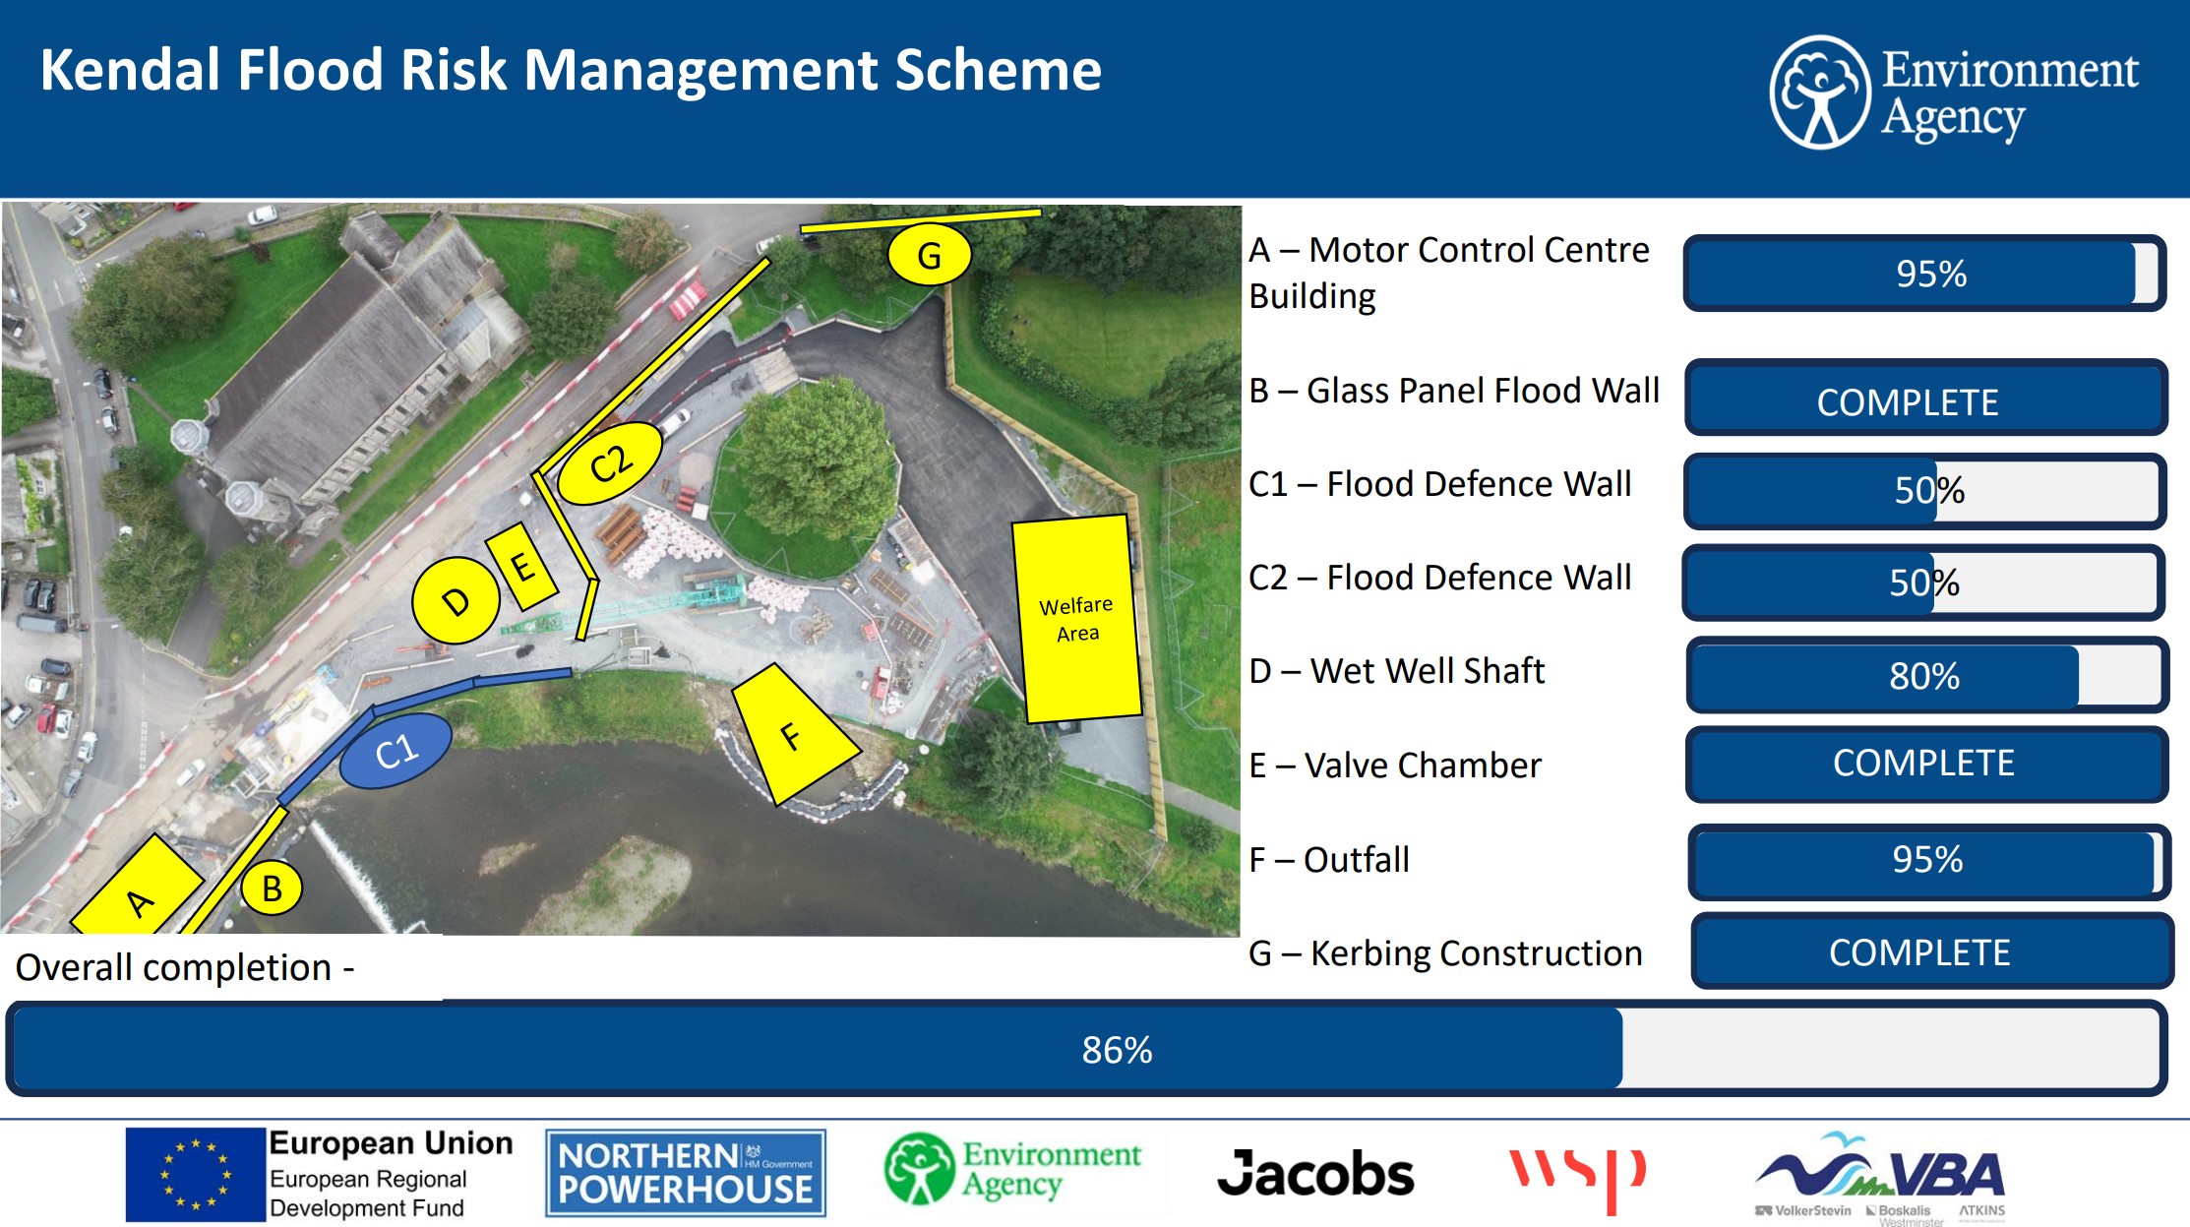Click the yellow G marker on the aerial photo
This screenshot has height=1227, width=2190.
pos(929,255)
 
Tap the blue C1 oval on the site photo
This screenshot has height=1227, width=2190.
pos(395,752)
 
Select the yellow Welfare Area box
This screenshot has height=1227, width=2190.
pos(1077,618)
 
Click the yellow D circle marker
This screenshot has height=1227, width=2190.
pos(456,599)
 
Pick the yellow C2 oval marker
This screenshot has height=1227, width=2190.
pos(610,463)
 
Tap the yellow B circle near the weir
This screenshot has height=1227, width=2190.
pos(272,889)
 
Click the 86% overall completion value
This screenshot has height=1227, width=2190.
pos(1117,1050)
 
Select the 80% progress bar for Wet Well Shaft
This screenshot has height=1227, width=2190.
pos(1927,676)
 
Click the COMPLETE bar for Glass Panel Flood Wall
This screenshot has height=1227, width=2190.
pos(1925,399)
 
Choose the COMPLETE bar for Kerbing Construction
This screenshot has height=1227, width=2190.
pos(1931,951)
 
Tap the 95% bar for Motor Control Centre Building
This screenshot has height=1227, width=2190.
pos(1925,274)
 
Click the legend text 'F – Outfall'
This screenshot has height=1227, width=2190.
pos(1329,860)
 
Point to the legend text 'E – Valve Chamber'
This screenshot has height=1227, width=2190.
pos(1395,766)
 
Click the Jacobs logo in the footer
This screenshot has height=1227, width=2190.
pos(1315,1174)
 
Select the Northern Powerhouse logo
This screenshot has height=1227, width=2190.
pos(686,1173)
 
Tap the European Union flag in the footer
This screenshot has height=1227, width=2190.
pos(196,1174)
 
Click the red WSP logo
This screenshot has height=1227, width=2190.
pos(1578,1178)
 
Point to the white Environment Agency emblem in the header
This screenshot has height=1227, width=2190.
pos(1820,92)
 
